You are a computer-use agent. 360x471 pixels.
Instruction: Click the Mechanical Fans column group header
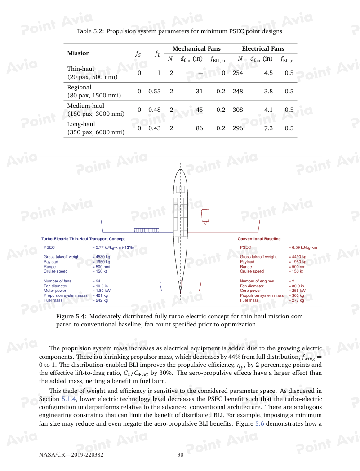coord(196,48)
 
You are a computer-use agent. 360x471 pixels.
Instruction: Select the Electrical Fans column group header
coord(263,48)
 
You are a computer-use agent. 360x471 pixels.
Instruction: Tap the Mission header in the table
coord(79,53)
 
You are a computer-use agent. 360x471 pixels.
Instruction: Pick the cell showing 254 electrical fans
coord(238,73)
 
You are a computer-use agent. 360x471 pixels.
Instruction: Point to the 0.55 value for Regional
coord(154,92)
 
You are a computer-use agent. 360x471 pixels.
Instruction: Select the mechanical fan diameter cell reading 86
coord(199,128)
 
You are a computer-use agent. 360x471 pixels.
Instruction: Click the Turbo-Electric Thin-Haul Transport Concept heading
coord(83,239)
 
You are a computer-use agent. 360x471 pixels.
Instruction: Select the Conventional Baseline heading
coord(259,239)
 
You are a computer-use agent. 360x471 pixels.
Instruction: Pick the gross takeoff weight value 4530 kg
coord(101,257)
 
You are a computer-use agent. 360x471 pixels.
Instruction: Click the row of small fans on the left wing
coord(147,230)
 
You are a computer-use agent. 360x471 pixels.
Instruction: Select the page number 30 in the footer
coord(180,455)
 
